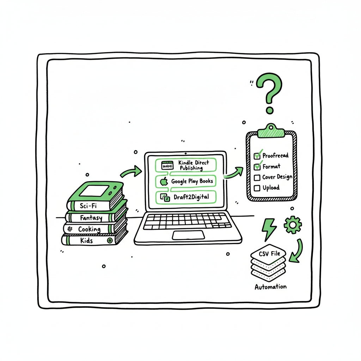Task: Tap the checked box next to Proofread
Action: coord(257,155)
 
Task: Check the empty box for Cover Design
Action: coord(257,177)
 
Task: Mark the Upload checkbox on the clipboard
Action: coord(257,188)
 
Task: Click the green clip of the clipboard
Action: coord(270,132)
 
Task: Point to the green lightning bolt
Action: coord(269,228)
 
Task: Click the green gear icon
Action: coord(293,225)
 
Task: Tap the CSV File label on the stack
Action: coord(269,253)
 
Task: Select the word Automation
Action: coord(270,286)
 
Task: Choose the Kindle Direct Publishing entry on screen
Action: coord(186,165)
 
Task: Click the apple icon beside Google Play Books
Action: coord(164,182)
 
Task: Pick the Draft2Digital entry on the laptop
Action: coord(186,197)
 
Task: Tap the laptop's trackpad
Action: coord(188,235)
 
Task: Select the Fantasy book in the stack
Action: coord(91,218)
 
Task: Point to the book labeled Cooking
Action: coord(89,229)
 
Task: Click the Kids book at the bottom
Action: coord(87,240)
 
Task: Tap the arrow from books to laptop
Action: coord(130,172)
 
